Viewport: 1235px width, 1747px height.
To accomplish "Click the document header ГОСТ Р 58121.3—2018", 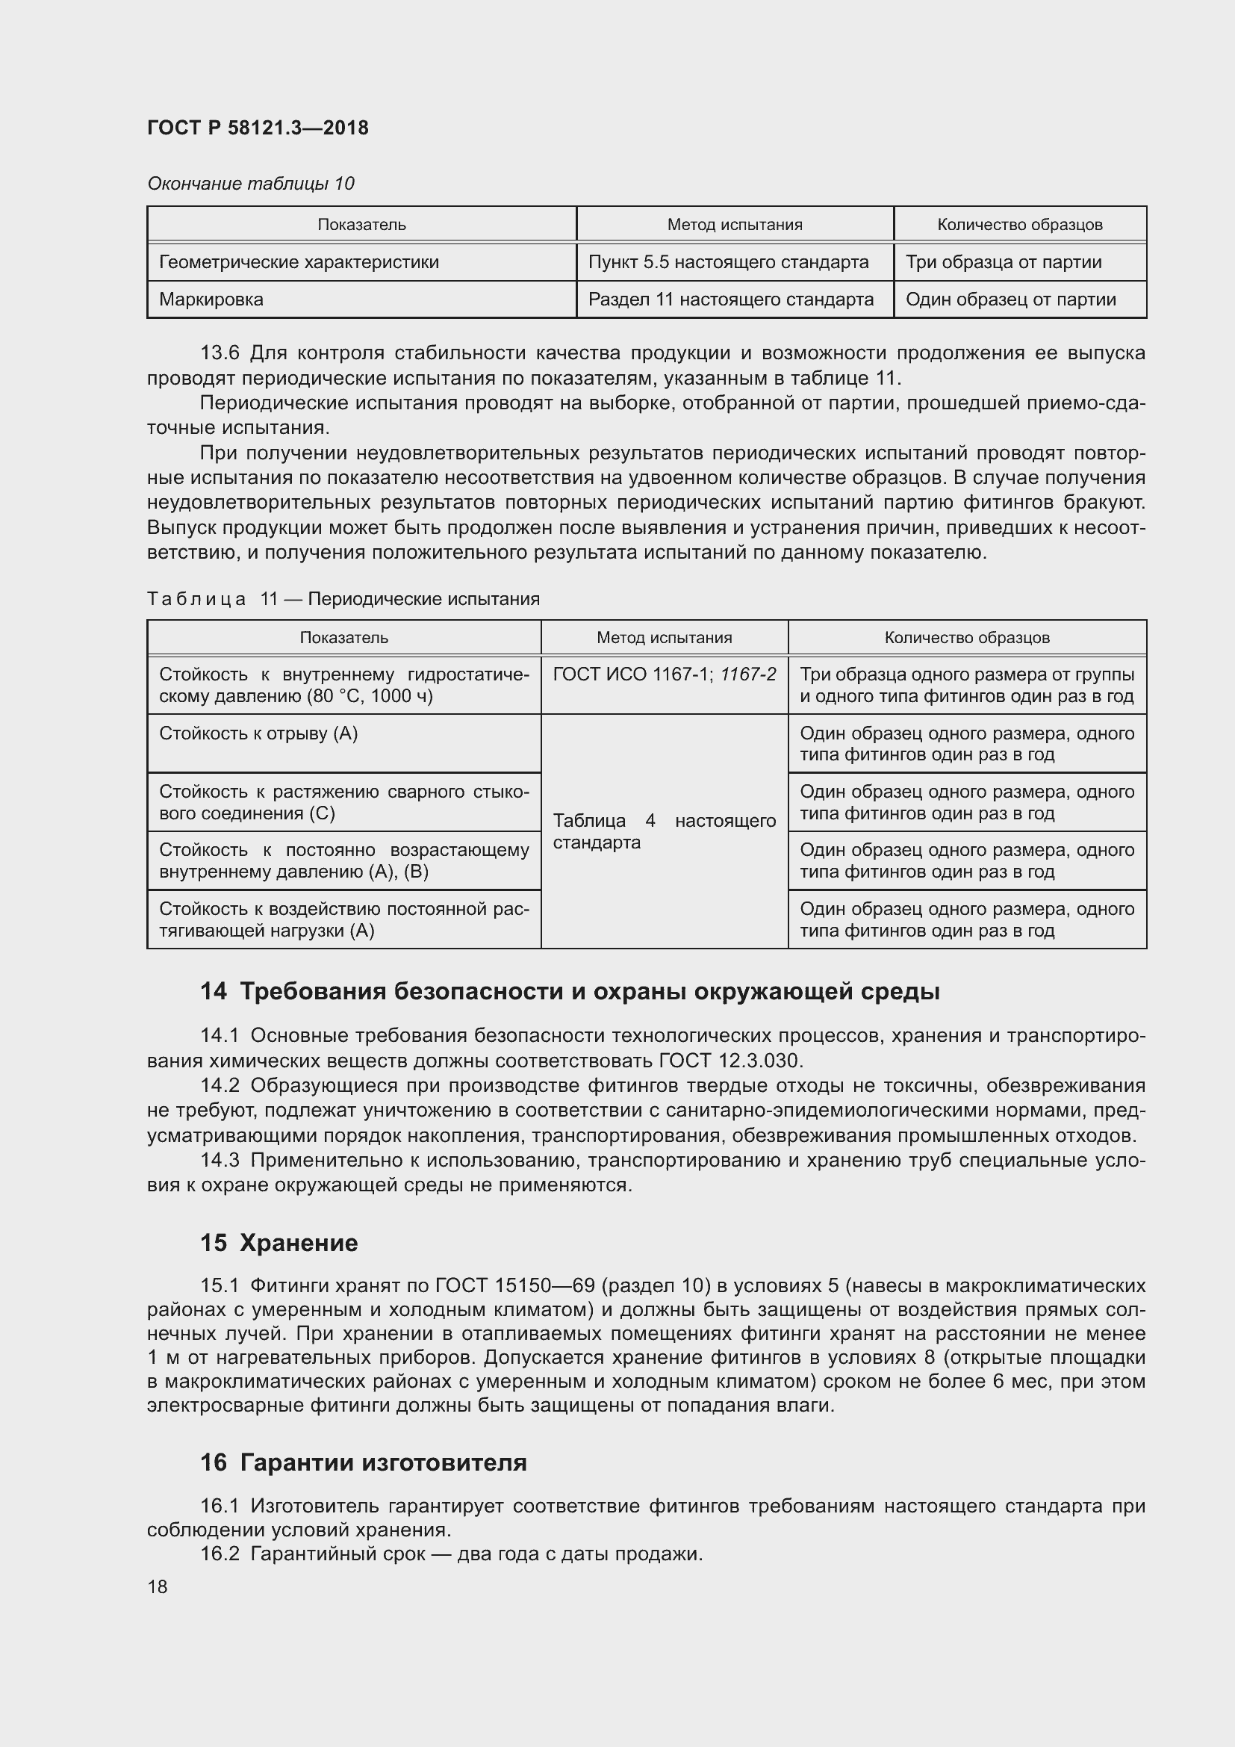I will (258, 128).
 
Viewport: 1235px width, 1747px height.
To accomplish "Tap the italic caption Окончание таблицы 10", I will (251, 184).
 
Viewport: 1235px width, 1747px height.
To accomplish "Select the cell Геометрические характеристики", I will (299, 262).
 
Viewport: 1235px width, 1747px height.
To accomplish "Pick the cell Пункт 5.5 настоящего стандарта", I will (728, 262).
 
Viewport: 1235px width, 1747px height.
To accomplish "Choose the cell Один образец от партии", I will (1010, 300).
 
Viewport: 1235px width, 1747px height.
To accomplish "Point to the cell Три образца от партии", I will (1003, 262).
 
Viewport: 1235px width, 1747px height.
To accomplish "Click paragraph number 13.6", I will (220, 353).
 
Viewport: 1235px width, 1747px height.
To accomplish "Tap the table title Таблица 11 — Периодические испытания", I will (343, 599).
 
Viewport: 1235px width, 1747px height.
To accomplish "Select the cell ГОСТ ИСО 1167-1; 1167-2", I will (664, 675).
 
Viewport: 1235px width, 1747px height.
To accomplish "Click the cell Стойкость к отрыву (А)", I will (258, 733).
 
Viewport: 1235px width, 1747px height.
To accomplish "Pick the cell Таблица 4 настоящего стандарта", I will (664, 831).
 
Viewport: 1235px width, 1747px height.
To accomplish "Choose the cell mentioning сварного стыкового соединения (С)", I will (343, 803).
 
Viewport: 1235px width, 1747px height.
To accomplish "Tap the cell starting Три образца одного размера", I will (966, 685).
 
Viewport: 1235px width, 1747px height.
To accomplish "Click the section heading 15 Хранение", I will (279, 1243).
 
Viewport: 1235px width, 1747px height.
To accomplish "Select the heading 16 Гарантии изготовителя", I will (364, 1462).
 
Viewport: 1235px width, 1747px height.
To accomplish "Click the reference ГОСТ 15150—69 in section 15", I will (515, 1286).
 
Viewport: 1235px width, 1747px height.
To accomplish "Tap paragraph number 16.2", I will (220, 1554).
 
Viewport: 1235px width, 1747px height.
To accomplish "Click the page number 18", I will (158, 1587).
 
